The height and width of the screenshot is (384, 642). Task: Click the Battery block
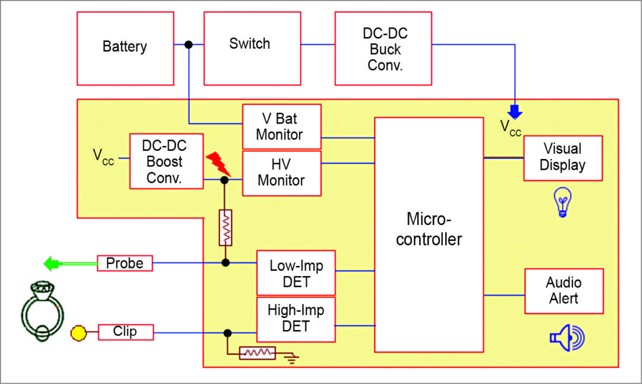tap(125, 47)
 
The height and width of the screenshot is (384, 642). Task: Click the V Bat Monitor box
tap(282, 126)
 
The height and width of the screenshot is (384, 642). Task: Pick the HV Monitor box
tap(282, 173)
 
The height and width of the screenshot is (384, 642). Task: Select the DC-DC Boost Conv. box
tap(166, 161)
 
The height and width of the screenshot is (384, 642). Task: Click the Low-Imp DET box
tap(296, 273)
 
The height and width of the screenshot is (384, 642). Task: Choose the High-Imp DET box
tap(296, 319)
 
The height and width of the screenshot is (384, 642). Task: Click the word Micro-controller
tap(429, 229)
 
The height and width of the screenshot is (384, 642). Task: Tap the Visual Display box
tap(562, 158)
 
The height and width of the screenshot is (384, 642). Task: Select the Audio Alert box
tap(564, 291)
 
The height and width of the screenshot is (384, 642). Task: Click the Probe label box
tap(125, 263)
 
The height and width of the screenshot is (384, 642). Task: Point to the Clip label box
tap(125, 332)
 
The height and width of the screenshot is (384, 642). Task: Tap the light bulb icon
tap(562, 201)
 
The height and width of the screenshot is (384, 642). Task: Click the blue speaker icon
tap(567, 338)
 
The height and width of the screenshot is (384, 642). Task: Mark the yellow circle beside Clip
tap(78, 332)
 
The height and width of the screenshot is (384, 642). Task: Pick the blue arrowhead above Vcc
tap(515, 112)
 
